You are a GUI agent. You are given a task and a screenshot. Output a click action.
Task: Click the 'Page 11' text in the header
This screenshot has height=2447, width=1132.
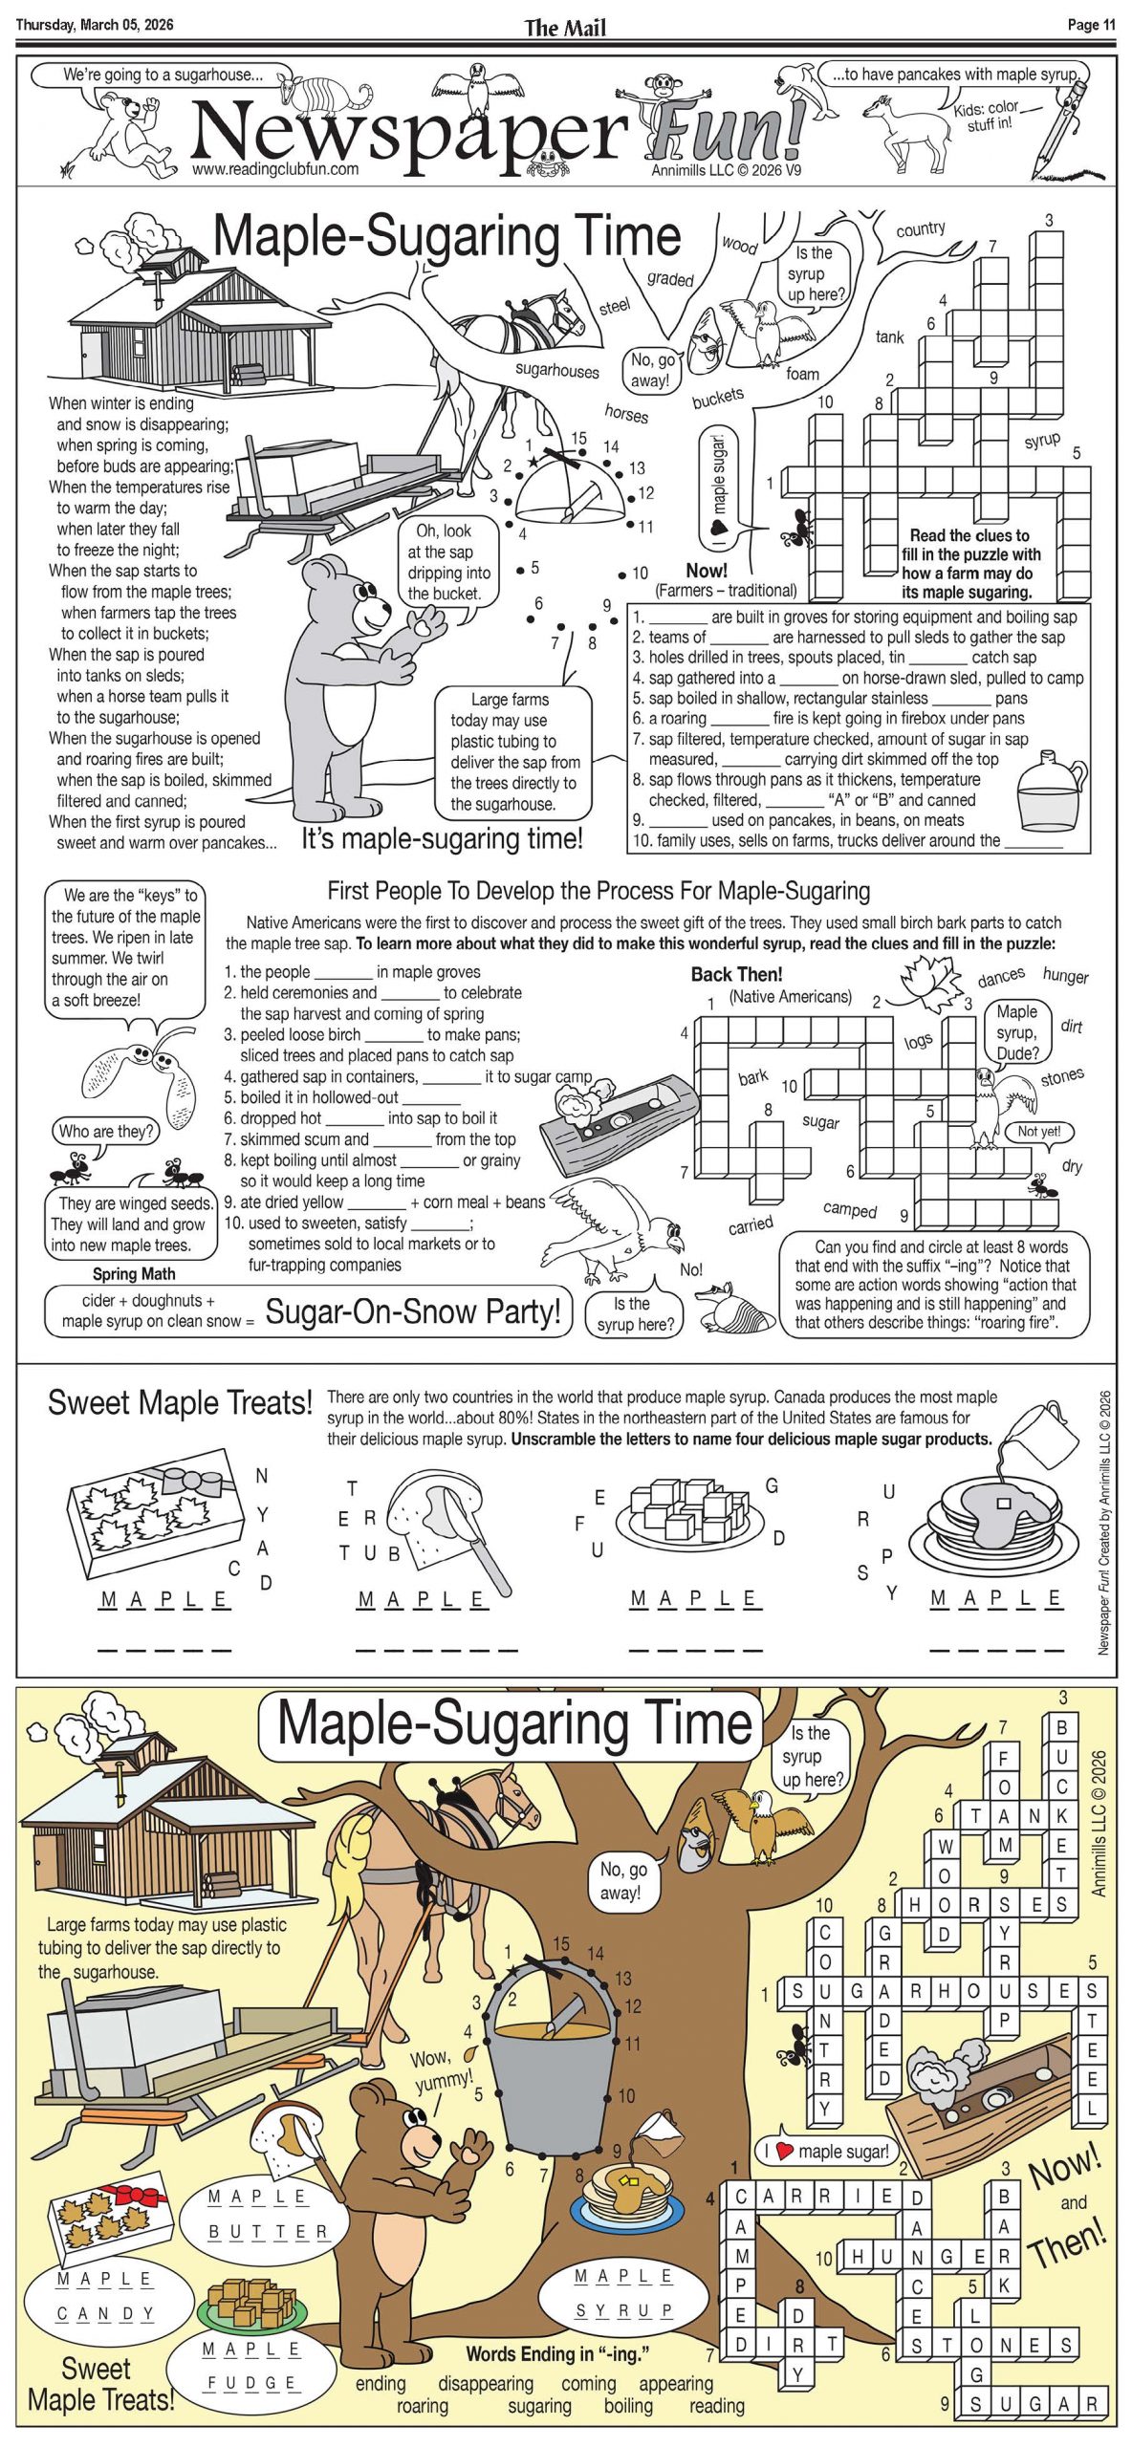(x=1091, y=25)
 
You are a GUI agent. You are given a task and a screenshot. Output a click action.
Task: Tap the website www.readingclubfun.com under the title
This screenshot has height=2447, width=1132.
(x=275, y=169)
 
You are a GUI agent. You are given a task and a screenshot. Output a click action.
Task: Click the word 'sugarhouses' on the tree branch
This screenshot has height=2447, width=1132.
(x=556, y=370)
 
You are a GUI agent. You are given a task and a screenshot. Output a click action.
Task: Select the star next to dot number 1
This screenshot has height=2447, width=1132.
(x=533, y=462)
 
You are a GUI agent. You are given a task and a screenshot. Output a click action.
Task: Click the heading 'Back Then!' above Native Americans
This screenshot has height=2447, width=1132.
(x=736, y=974)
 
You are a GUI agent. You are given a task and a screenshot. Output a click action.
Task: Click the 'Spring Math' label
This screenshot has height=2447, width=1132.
(x=134, y=1273)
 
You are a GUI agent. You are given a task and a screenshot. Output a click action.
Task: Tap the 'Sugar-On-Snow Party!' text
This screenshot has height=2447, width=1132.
(x=413, y=1311)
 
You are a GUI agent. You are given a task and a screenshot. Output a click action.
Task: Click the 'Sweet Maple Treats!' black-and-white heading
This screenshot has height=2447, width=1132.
(x=180, y=1402)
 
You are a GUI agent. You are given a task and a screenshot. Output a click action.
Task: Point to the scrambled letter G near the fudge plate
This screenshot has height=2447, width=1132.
(x=772, y=1485)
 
